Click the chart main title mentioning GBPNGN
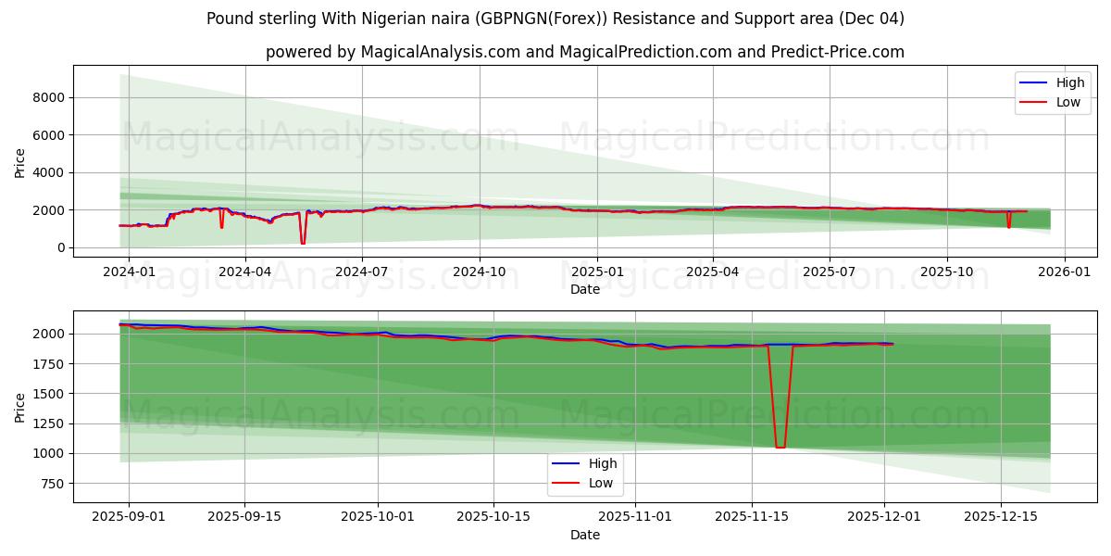click(x=555, y=19)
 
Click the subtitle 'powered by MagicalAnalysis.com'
click(x=393, y=52)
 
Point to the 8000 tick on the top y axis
click(x=47, y=97)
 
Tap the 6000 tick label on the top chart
click(x=47, y=135)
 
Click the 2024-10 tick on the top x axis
click(x=480, y=272)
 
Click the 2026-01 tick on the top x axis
click(x=1064, y=272)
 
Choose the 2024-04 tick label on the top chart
click(x=245, y=272)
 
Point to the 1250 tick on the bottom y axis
click(x=47, y=423)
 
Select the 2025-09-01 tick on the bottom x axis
click(x=129, y=517)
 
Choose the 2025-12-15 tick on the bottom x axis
click(x=1001, y=517)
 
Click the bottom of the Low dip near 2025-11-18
click(x=780, y=448)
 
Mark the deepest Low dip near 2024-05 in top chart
click(x=303, y=243)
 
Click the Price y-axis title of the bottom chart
click(x=20, y=407)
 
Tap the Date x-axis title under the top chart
click(x=584, y=289)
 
